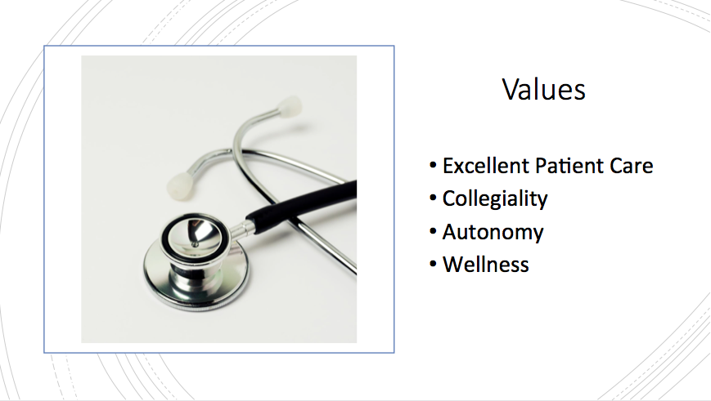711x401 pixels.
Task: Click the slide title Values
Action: point(543,89)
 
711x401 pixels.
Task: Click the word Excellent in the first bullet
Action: point(486,166)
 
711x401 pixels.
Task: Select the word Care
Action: point(631,166)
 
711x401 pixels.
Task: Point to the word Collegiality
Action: point(495,199)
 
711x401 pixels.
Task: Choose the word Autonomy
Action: point(493,233)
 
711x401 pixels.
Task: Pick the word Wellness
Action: point(486,265)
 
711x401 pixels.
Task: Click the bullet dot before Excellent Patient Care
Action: point(433,166)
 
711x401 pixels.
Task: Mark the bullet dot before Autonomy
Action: point(433,232)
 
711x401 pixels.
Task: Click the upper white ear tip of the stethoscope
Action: point(290,107)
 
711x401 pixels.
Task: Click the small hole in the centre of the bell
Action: point(196,245)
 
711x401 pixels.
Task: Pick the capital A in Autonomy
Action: point(450,232)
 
